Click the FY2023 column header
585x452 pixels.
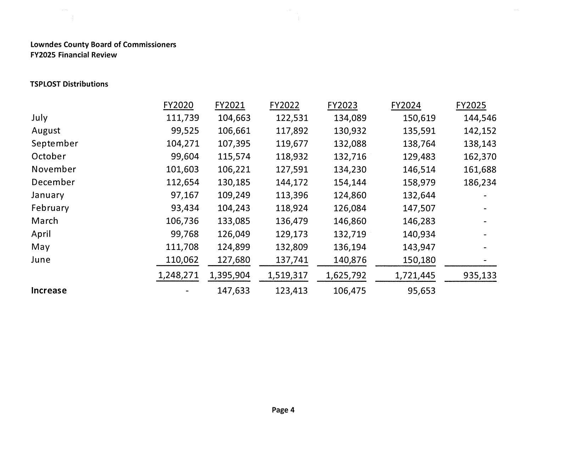342,105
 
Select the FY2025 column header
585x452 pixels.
471,105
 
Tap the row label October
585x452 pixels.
49,156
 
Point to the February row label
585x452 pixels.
50,208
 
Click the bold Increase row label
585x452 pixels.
49,290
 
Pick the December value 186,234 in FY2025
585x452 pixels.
480,182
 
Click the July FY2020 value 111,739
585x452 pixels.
183,118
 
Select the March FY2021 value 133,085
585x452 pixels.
234,221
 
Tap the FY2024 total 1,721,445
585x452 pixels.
415,275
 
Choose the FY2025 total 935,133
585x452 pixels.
480,275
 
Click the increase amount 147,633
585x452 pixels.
233,291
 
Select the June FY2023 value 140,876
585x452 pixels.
350,260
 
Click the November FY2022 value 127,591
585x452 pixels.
292,169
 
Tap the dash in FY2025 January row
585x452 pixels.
485,195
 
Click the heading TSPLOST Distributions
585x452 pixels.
69,84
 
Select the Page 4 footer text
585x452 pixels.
283,410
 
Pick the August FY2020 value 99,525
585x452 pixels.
185,130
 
